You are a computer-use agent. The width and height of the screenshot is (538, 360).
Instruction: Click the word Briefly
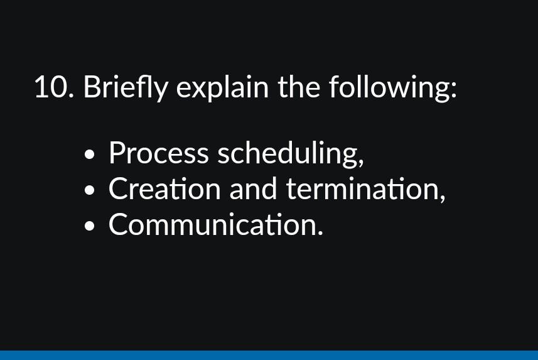pos(126,87)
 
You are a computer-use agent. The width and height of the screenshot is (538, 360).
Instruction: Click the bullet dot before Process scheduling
pos(92,154)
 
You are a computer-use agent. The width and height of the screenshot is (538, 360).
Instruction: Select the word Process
pos(158,153)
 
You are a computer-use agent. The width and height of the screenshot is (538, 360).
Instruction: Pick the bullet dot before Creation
pos(92,190)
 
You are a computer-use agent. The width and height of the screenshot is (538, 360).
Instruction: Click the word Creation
pos(166,189)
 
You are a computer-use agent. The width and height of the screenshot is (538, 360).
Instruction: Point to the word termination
pos(362,189)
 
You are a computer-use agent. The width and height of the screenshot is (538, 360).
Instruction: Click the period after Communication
pos(320,234)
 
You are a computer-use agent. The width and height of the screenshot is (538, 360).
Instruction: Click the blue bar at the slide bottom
pos(269,355)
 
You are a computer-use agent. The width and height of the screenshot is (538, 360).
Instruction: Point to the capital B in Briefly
pos(92,87)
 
